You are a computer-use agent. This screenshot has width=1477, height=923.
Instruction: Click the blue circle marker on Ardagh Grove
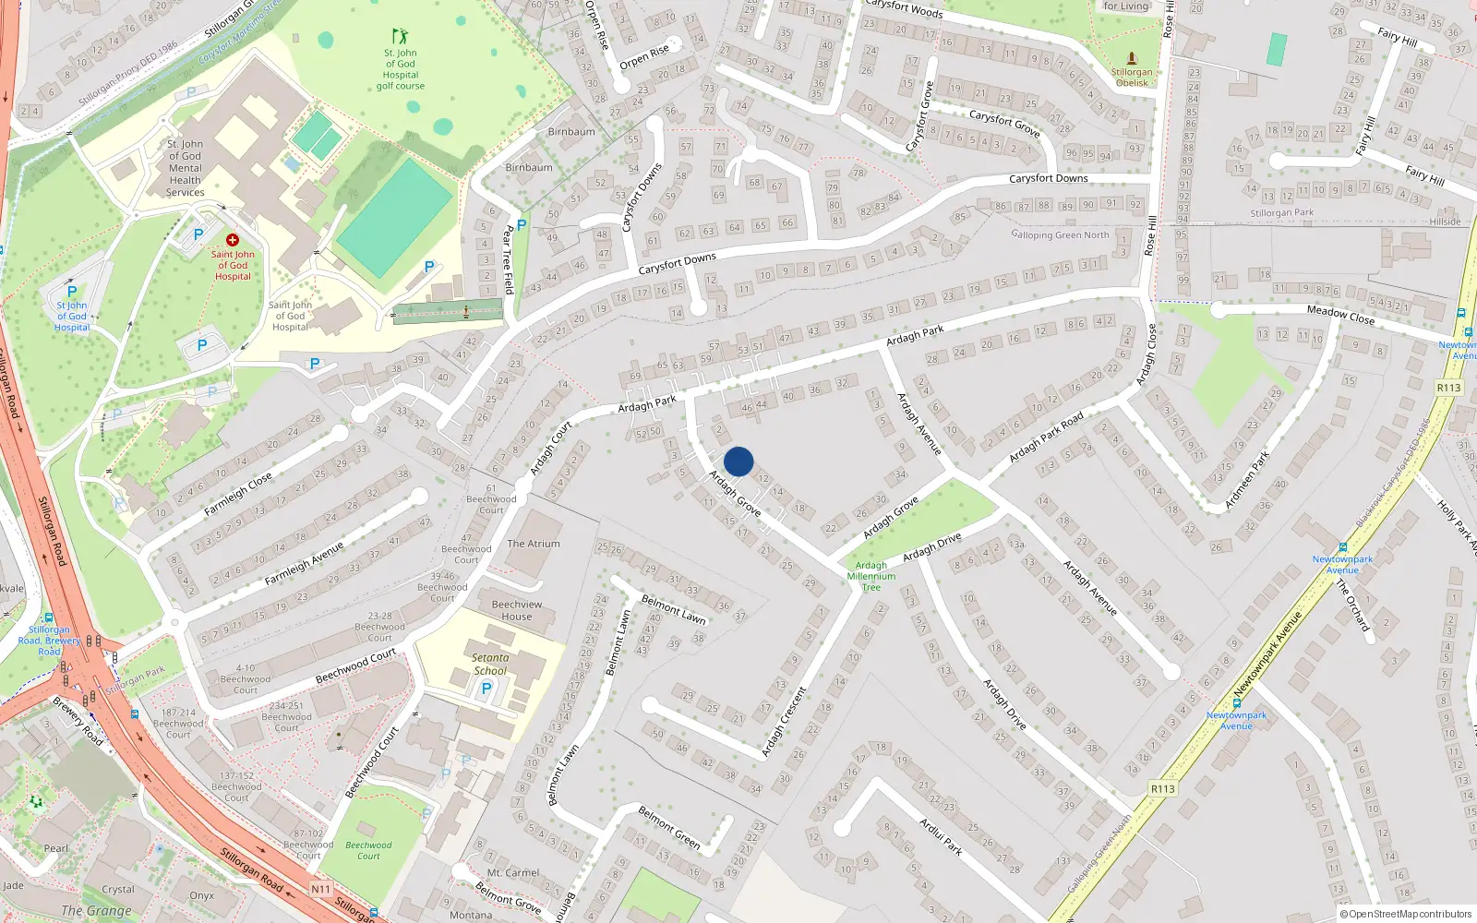pyautogui.click(x=738, y=461)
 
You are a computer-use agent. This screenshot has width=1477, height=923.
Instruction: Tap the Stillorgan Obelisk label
pyautogui.click(x=1132, y=78)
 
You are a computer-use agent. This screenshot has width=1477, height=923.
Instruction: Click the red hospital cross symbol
pyautogui.click(x=233, y=240)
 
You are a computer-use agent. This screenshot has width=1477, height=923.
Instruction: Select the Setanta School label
pyautogui.click(x=490, y=665)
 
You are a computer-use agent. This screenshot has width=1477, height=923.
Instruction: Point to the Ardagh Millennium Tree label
pyautogui.click(x=871, y=576)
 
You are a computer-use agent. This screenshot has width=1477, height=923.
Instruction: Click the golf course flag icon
pyautogui.click(x=400, y=37)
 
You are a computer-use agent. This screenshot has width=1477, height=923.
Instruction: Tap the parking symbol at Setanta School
pyautogui.click(x=486, y=689)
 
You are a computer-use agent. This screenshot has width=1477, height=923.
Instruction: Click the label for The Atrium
pyautogui.click(x=534, y=544)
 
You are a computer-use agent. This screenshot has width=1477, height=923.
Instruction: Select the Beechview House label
pyautogui.click(x=517, y=610)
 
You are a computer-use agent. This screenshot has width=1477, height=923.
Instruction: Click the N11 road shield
pyautogui.click(x=320, y=889)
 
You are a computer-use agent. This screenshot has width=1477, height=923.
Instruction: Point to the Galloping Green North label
pyautogui.click(x=1060, y=234)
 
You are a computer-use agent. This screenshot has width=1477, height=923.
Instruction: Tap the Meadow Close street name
pyautogui.click(x=1340, y=315)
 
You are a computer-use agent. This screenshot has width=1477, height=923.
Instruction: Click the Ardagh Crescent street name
pyautogui.click(x=784, y=723)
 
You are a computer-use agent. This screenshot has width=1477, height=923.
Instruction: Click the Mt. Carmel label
pyautogui.click(x=513, y=872)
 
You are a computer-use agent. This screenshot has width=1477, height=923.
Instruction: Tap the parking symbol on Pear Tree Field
pyautogui.click(x=522, y=224)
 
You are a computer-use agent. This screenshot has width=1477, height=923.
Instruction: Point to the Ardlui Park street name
pyautogui.click(x=941, y=836)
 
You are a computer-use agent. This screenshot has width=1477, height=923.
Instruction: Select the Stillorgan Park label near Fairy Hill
pyautogui.click(x=1282, y=213)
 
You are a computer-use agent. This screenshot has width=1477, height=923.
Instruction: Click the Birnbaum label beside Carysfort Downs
pyautogui.click(x=529, y=168)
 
